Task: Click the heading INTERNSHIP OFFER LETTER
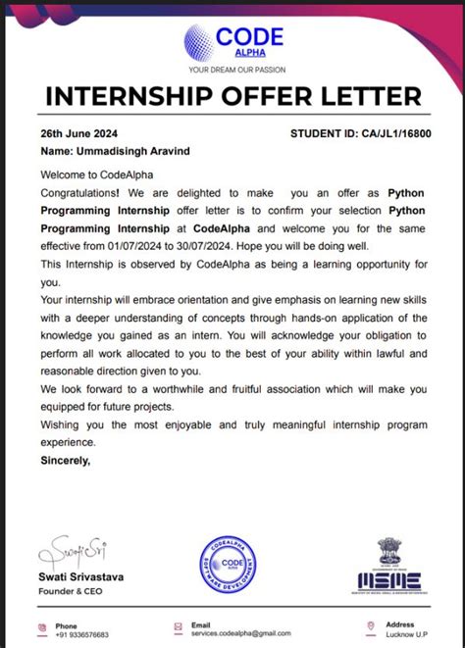click(x=233, y=97)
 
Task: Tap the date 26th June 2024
click(x=77, y=132)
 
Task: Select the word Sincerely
click(x=66, y=459)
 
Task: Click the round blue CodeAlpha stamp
click(x=232, y=567)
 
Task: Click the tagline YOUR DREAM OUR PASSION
click(x=235, y=71)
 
